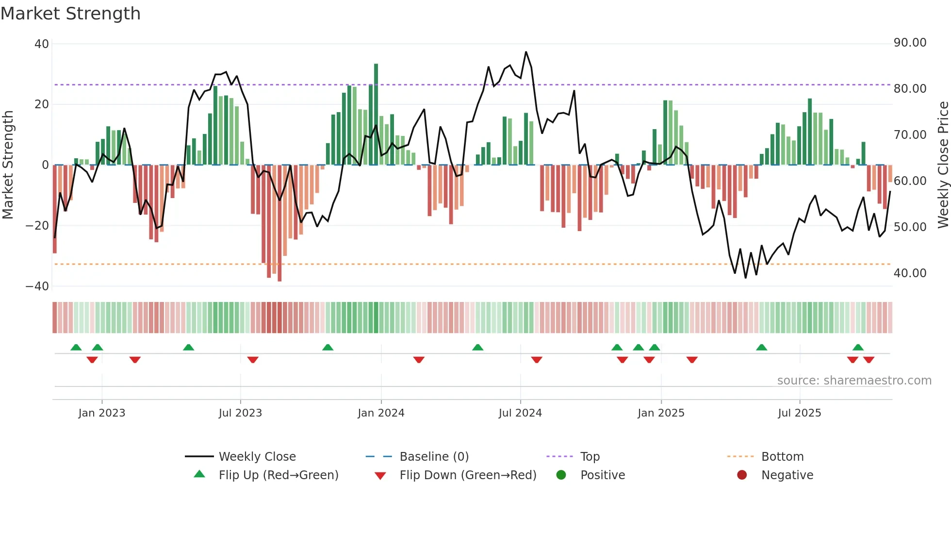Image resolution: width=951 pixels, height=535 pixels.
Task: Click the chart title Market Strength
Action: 70,14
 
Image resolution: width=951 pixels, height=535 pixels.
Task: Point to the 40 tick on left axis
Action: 42,44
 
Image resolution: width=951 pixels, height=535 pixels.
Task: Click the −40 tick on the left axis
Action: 37,286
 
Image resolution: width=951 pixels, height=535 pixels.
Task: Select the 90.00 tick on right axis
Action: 910,43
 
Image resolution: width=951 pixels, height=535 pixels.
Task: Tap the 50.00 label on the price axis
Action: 910,227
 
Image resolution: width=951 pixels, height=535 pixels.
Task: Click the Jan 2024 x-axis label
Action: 381,413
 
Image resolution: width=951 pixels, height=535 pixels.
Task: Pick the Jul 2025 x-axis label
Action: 799,413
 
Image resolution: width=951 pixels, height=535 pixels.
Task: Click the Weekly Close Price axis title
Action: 943,165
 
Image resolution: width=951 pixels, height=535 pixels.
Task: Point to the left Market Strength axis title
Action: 8,165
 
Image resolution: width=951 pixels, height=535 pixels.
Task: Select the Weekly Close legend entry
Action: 257,457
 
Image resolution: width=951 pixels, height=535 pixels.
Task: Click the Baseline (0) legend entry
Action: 434,457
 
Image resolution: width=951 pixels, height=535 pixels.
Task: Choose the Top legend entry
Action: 590,457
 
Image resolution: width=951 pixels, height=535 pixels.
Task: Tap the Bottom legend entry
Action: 782,457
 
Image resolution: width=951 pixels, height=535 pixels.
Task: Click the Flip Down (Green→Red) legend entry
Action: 467,475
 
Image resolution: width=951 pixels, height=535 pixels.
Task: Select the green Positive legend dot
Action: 561,475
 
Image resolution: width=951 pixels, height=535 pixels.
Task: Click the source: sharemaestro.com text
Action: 854,381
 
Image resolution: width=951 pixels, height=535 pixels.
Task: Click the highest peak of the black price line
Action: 526,52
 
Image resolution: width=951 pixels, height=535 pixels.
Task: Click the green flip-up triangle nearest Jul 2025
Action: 761,347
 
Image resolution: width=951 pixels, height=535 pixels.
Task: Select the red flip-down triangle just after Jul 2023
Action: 253,360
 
